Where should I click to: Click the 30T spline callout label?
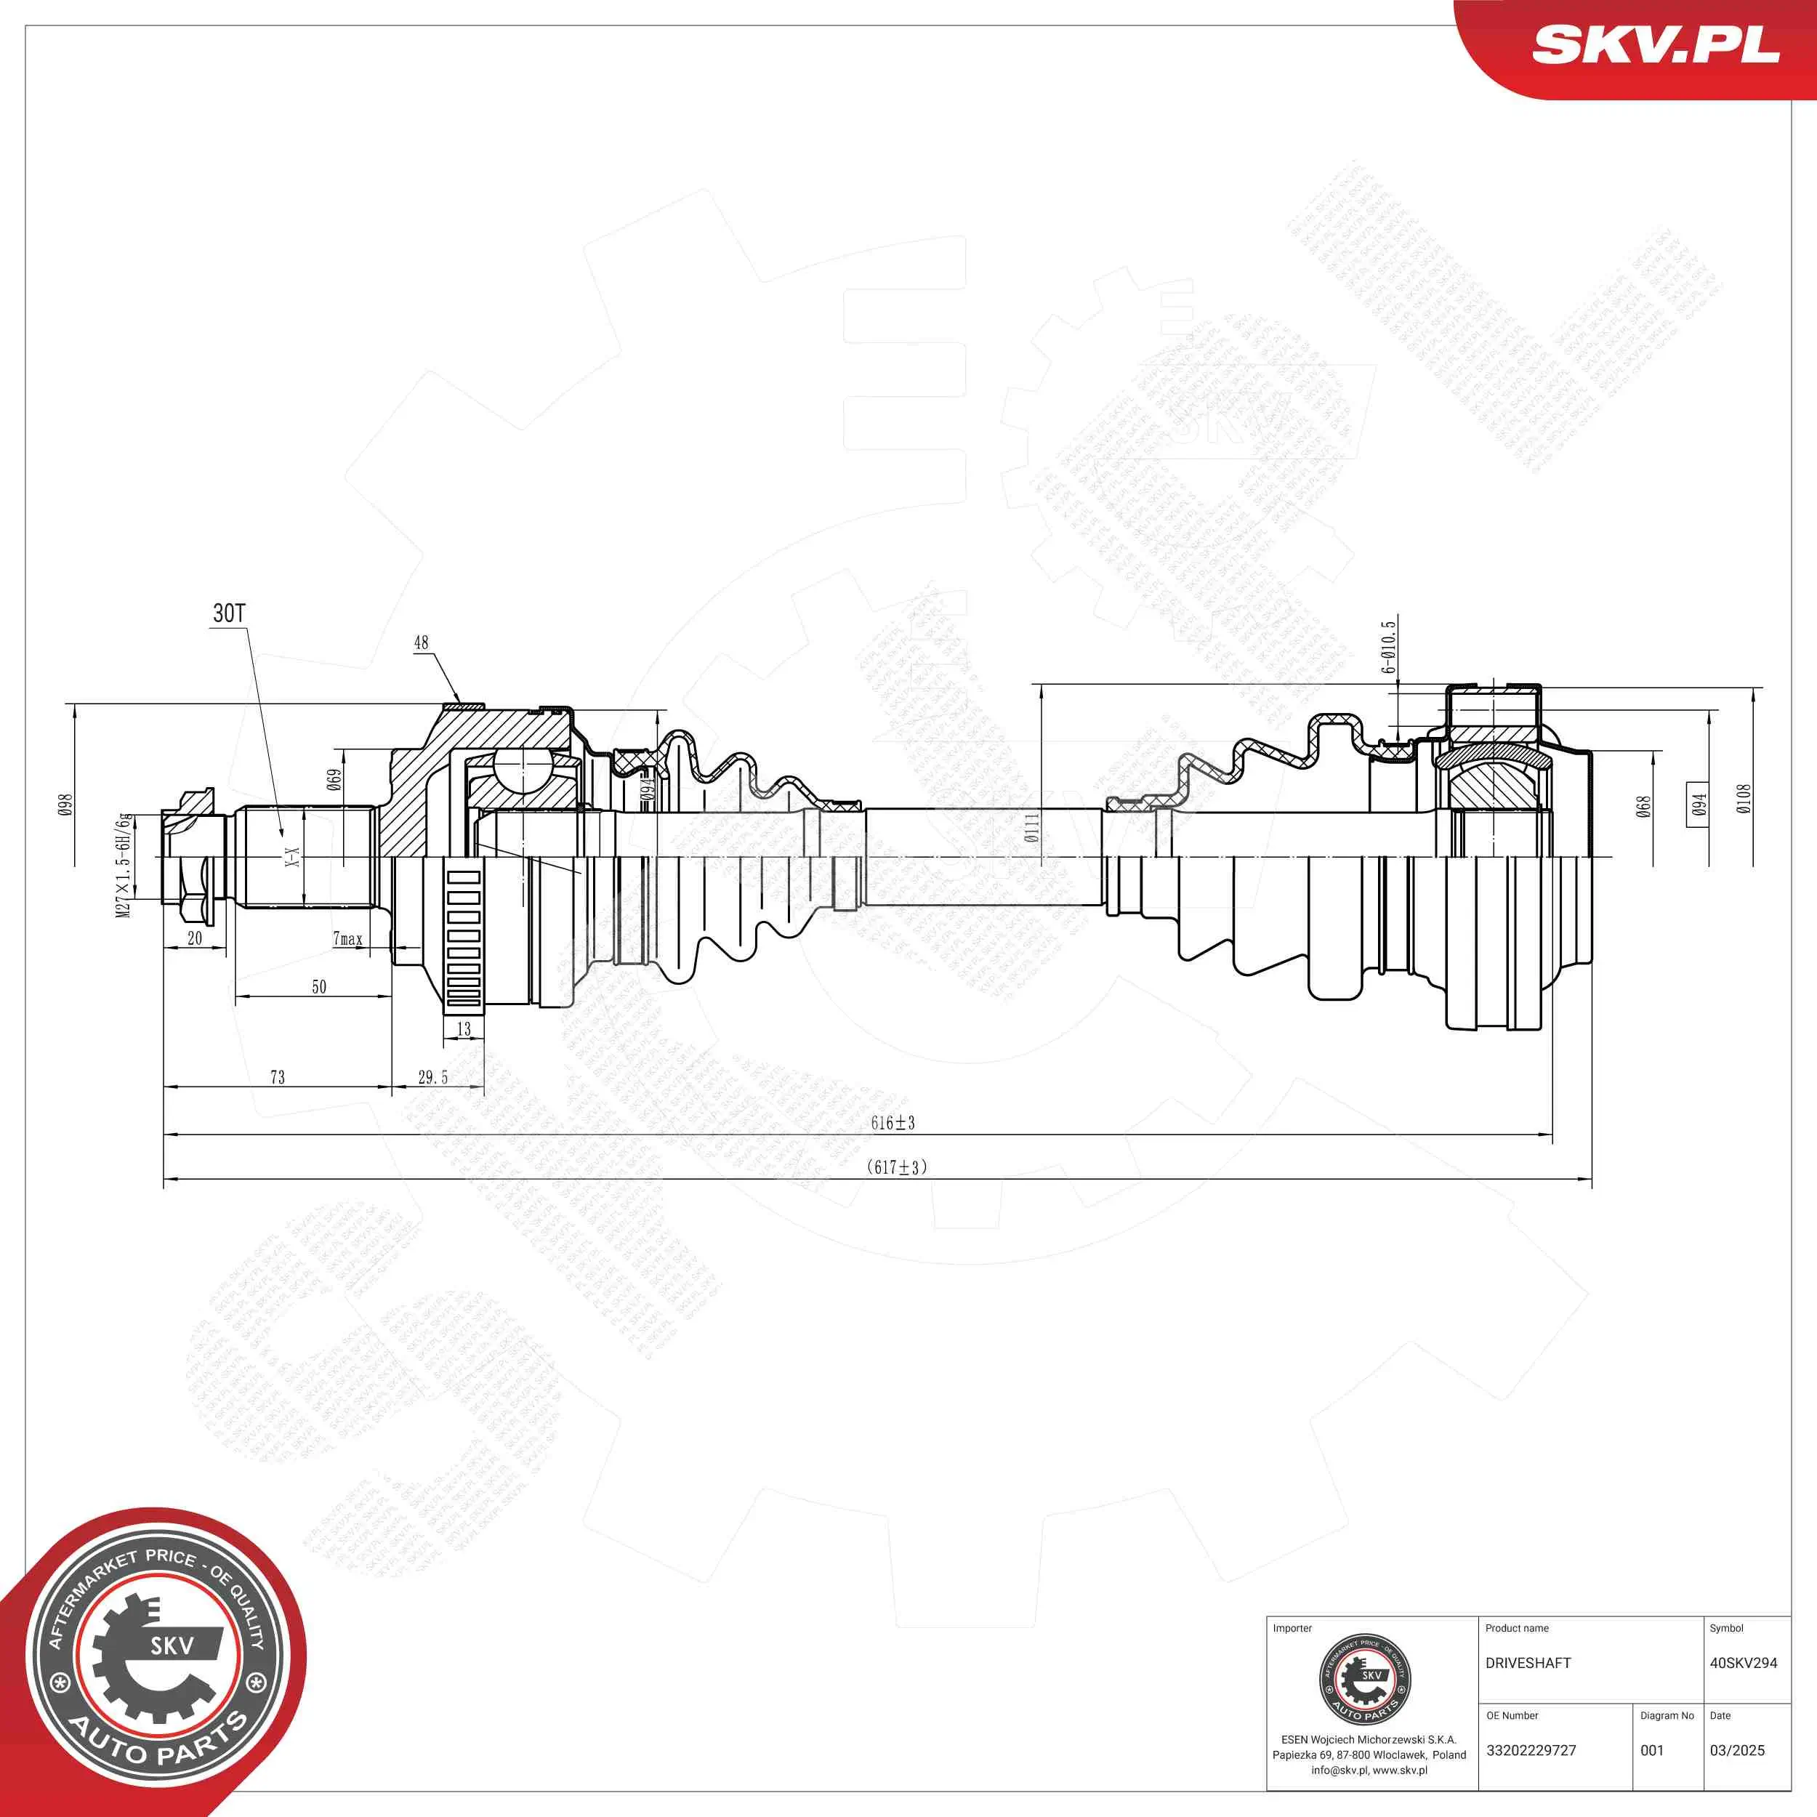point(228,614)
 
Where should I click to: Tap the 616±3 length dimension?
point(893,1123)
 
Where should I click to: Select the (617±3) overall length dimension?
point(896,1167)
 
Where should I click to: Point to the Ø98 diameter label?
point(66,805)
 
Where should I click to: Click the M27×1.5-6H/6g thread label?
point(124,865)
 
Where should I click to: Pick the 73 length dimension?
point(278,1078)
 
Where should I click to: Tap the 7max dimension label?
point(347,938)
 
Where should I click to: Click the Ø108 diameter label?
point(1744,799)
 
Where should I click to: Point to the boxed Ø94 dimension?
point(1698,805)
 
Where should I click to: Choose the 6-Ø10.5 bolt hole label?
point(1389,647)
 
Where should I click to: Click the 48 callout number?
point(422,642)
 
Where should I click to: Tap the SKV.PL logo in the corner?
point(1656,45)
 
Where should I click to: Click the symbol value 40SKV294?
point(1743,1663)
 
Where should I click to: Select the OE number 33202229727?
point(1531,1750)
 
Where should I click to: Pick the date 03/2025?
point(1737,1750)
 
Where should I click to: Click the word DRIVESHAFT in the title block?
point(1528,1663)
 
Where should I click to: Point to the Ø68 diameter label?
point(1643,807)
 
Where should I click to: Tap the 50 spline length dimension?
point(319,986)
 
